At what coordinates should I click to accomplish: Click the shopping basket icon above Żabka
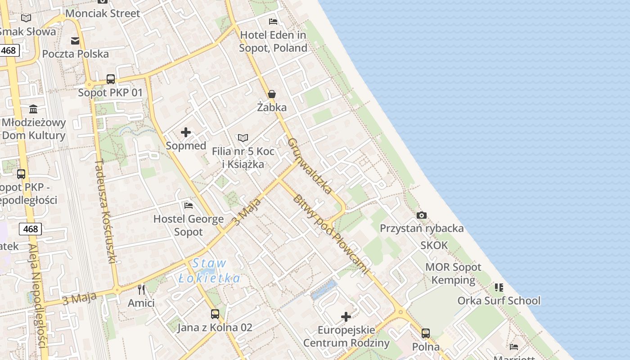pyautogui.click(x=272, y=94)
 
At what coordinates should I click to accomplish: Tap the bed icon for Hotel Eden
pyautogui.click(x=273, y=21)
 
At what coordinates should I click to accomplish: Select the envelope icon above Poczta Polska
pyautogui.click(x=75, y=41)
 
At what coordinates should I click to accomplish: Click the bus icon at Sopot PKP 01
pyautogui.click(x=111, y=79)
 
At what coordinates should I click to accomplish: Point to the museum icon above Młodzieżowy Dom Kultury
pyautogui.click(x=33, y=109)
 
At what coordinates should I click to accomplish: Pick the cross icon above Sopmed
pyautogui.click(x=186, y=132)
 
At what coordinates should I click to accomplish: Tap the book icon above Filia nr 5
pyautogui.click(x=243, y=138)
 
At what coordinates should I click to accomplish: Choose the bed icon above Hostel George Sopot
pyautogui.click(x=189, y=206)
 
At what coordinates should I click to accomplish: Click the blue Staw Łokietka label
pyautogui.click(x=209, y=271)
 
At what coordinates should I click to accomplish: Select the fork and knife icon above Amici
pyautogui.click(x=141, y=289)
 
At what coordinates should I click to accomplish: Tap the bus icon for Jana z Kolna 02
pyautogui.click(x=215, y=314)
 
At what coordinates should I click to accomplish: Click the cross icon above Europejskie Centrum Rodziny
pyautogui.click(x=346, y=317)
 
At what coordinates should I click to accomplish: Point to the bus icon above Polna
pyautogui.click(x=426, y=333)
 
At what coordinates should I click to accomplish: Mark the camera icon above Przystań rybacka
pyautogui.click(x=422, y=215)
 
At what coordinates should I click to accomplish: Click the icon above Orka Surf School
pyautogui.click(x=499, y=287)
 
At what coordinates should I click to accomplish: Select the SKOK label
pyautogui.click(x=434, y=245)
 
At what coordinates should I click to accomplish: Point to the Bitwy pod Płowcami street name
pyautogui.click(x=330, y=234)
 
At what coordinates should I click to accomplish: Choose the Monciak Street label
pyautogui.click(x=103, y=13)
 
